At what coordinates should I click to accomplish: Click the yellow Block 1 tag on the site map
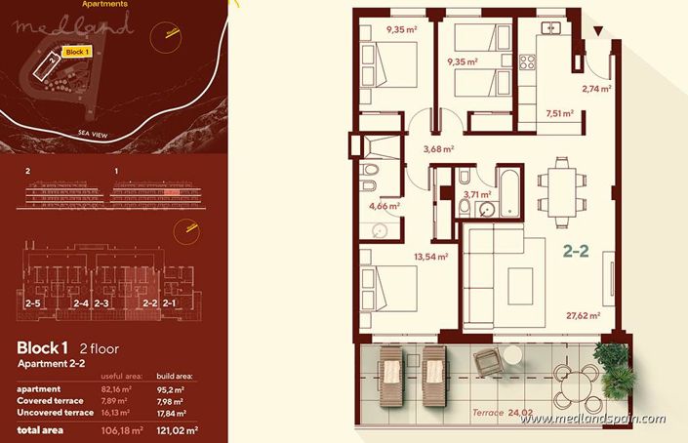click(77, 52)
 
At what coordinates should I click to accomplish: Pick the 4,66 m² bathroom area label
click(384, 206)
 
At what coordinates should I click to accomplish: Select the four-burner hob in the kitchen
click(528, 64)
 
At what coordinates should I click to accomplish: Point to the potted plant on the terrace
click(612, 366)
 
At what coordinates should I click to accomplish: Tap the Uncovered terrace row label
click(55, 411)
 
